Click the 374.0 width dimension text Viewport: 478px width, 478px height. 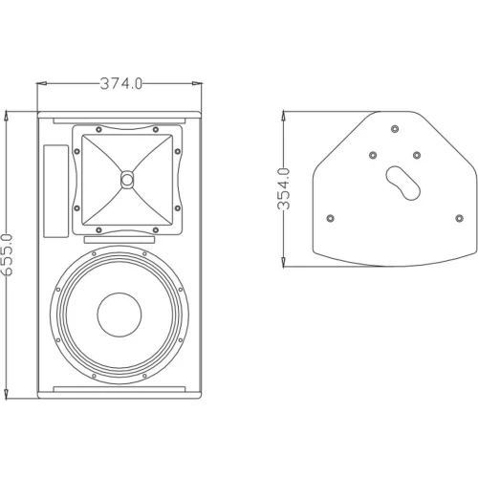121,83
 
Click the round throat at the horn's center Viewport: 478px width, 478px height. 127,179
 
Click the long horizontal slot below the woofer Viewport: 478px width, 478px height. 120,388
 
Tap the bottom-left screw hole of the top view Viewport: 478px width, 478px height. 330,218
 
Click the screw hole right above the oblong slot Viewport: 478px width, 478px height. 416,154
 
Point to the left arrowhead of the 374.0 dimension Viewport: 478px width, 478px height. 40,83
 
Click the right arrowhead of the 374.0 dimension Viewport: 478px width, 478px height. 203,83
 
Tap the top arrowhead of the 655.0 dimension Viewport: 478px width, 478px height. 8,114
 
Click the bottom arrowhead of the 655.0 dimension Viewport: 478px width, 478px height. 8,394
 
